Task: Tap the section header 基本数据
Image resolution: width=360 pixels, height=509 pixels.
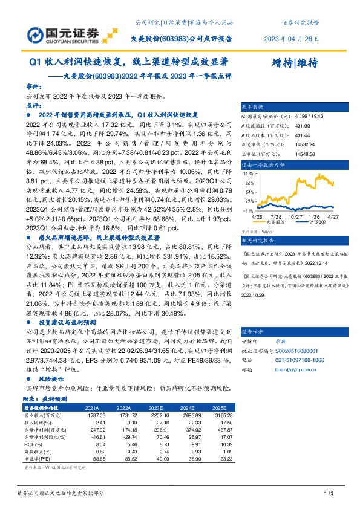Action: pos(252,105)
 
